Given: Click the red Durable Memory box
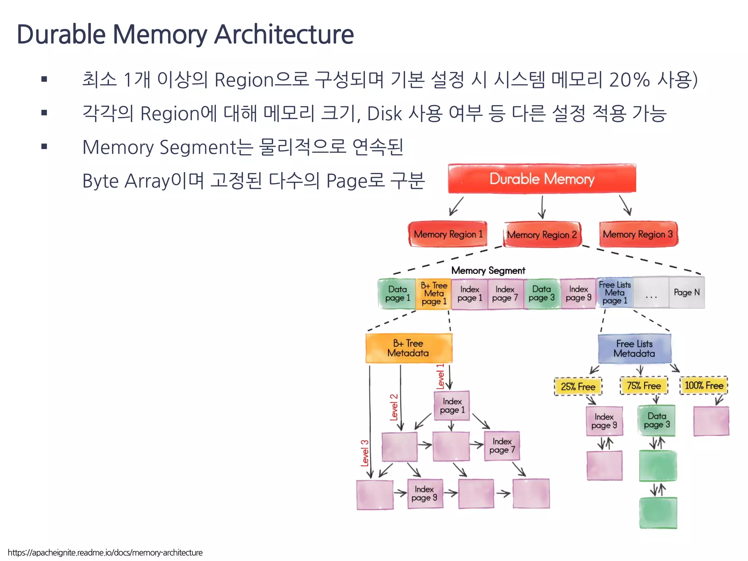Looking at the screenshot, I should (542, 179).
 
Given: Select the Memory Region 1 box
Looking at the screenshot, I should (448, 234).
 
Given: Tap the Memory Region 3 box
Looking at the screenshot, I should (638, 234).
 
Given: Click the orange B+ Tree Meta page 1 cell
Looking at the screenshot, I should (434, 294).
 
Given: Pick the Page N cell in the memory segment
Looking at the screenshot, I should (687, 292).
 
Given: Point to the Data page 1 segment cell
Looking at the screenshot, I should (397, 294).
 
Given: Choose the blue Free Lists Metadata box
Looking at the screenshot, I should (634, 348).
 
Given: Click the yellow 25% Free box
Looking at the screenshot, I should (578, 386).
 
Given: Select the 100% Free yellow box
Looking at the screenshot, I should (703, 386).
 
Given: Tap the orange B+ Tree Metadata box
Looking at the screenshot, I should (408, 348).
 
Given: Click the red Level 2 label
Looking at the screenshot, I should (394, 407).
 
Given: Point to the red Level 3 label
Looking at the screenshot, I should (365, 453).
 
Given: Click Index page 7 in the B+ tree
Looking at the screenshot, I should (502, 446).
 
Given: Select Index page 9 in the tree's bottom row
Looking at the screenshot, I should (424, 493).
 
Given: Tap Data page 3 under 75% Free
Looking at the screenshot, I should (656, 420).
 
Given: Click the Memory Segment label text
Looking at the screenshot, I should (488, 270).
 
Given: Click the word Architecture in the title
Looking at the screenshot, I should (284, 34).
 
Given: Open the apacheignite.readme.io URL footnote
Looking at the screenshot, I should (105, 553).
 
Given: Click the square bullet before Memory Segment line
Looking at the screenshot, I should (44, 147).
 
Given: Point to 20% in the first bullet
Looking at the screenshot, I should (629, 80).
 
